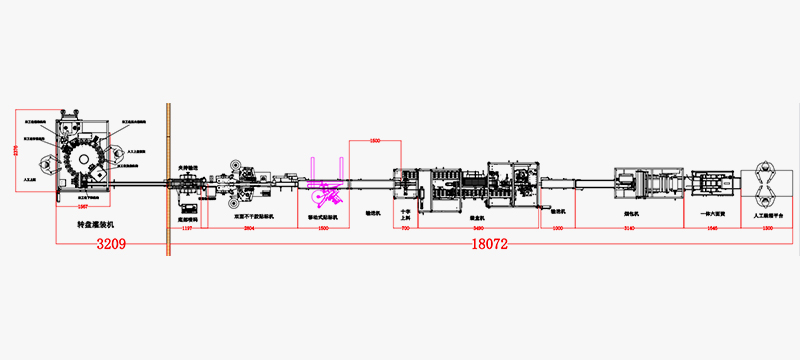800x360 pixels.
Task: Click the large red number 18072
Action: coord(485,243)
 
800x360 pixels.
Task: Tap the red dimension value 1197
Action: coord(187,229)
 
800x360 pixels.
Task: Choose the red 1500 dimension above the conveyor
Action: coord(376,141)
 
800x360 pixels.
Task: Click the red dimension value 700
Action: coord(405,229)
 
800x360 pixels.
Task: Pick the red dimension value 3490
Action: coord(478,229)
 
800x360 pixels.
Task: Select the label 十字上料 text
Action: coord(405,214)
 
